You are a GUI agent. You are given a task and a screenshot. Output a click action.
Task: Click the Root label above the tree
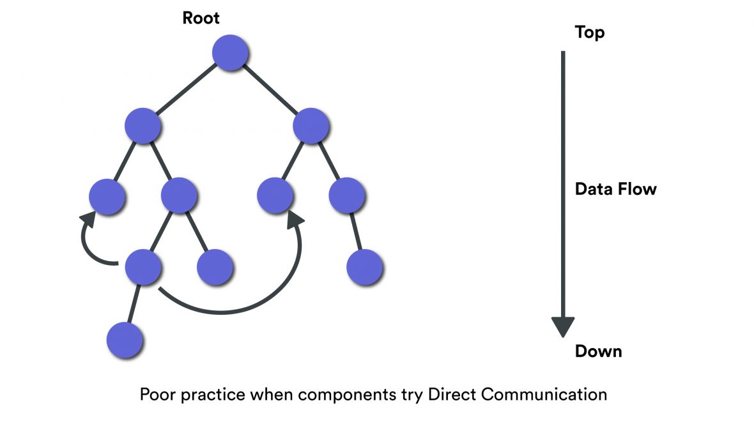click(x=201, y=18)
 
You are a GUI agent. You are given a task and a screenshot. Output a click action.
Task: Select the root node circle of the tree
click(x=230, y=52)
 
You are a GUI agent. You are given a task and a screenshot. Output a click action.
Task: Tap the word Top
click(x=589, y=32)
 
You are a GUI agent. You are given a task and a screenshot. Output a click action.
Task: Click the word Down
click(x=598, y=351)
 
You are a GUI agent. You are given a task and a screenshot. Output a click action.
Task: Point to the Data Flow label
click(x=615, y=189)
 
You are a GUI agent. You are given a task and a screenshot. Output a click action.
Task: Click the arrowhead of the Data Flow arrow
click(x=563, y=326)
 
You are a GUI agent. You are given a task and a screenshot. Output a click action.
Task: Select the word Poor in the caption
click(x=157, y=394)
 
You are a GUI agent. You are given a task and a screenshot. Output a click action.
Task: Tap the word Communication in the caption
click(x=544, y=394)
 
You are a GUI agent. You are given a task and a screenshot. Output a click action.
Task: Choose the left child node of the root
click(x=142, y=125)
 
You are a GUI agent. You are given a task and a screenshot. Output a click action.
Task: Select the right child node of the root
click(x=311, y=125)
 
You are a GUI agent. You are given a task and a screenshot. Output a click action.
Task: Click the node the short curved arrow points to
click(x=106, y=196)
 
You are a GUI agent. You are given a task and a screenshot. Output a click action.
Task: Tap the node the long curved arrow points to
click(x=275, y=196)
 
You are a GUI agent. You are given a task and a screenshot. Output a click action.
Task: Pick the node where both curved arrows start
click(x=142, y=267)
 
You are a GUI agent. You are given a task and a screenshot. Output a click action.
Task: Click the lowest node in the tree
click(x=124, y=339)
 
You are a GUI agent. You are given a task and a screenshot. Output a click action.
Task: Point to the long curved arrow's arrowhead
click(x=295, y=220)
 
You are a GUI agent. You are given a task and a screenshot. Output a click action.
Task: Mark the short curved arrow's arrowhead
click(x=88, y=219)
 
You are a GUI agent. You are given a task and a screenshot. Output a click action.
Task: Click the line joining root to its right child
click(x=271, y=89)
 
